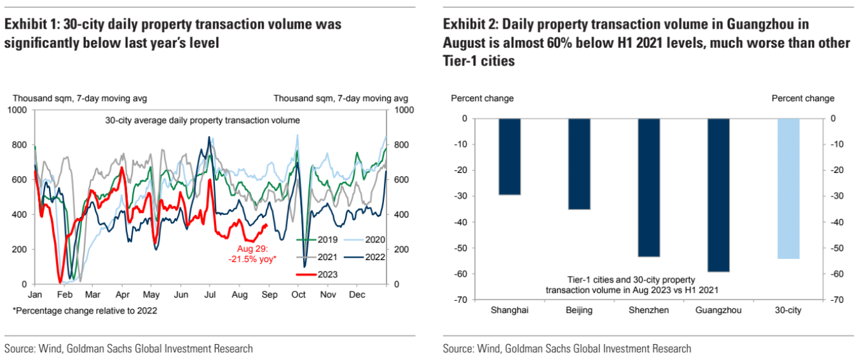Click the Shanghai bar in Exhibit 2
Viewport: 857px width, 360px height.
510,156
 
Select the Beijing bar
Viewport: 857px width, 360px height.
579,164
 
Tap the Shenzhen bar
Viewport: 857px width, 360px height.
648,188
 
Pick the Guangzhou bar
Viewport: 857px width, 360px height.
718,195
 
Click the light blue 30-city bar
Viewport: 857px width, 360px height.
788,189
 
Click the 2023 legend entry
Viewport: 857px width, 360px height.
318,274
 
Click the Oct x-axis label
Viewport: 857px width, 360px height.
298,295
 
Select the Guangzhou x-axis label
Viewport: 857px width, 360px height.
718,310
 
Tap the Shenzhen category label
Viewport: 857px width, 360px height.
648,310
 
